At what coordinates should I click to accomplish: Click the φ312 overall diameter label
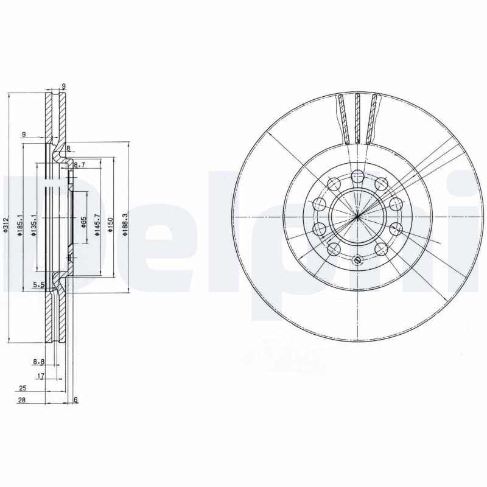[5, 225]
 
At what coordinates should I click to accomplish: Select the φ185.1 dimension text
[21, 225]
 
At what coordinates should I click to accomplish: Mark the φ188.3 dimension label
[125, 224]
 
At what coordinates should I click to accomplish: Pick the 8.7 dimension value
[79, 165]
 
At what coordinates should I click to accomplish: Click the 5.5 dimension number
[38, 284]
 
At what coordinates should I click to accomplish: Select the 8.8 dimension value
[38, 362]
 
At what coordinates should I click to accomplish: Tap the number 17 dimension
[41, 376]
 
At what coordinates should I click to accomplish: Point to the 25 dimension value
[23, 388]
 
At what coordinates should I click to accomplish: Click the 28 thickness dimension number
[23, 399]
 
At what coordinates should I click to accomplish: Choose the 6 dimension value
[76, 399]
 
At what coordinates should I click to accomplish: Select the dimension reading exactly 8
[68, 149]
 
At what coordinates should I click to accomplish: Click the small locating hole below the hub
[357, 261]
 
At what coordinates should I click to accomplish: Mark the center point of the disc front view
[357, 217]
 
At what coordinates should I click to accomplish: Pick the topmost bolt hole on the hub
[357, 177]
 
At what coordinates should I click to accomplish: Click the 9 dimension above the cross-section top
[63, 86]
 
